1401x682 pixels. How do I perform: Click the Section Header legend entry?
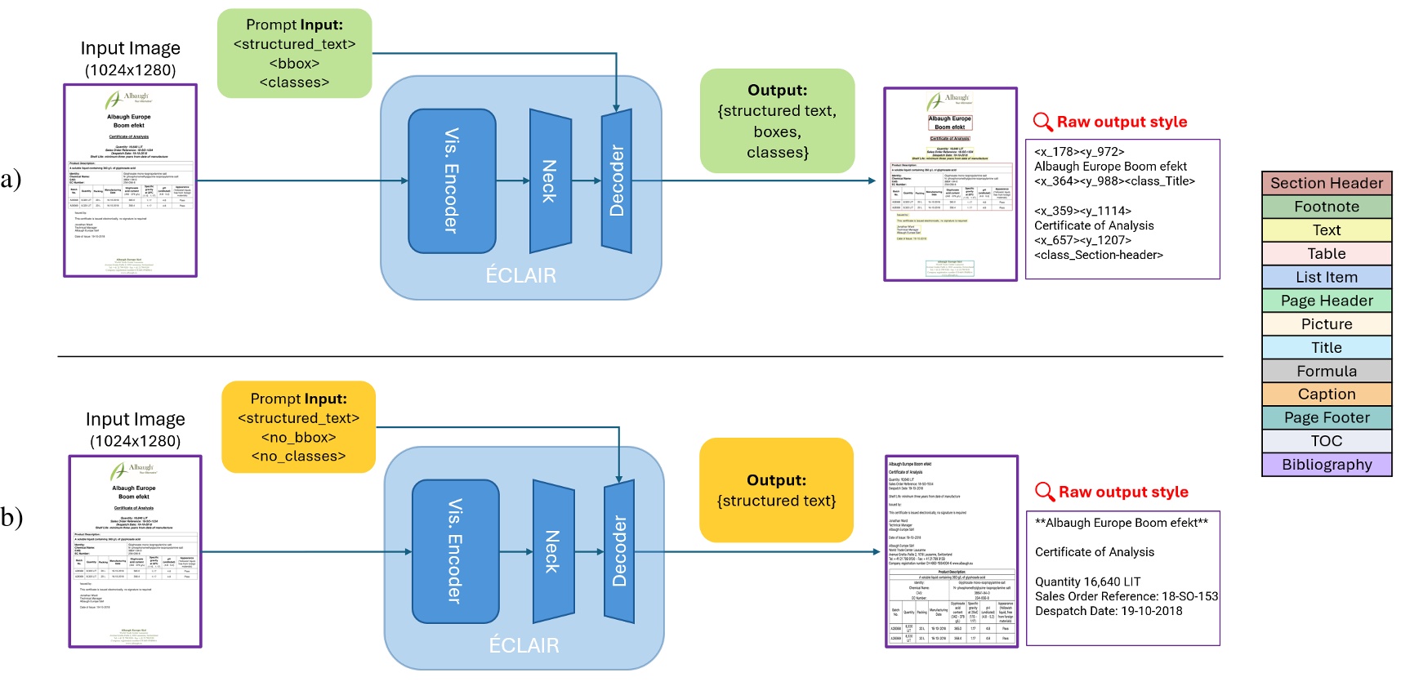(1326, 183)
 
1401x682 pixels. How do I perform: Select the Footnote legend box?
(1326, 207)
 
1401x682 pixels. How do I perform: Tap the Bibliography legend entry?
(1326, 464)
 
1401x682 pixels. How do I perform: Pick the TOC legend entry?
(1326, 440)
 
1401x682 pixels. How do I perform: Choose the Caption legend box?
(1326, 394)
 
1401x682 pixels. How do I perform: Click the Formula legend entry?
(1326, 371)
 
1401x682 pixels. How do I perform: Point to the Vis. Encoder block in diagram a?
(452, 181)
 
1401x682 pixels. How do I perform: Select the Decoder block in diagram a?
(617, 181)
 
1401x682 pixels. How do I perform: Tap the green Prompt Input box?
(294, 53)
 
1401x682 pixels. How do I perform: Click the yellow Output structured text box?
(776, 490)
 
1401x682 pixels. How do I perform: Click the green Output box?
(777, 121)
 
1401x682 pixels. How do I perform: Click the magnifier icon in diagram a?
(1042, 122)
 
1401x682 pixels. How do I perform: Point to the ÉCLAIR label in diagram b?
(524, 645)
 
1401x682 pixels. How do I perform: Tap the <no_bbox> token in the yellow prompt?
(298, 437)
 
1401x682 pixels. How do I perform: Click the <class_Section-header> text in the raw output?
(1098, 255)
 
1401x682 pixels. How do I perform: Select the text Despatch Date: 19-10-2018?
(1108, 611)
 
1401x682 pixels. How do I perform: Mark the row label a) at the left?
(11, 179)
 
